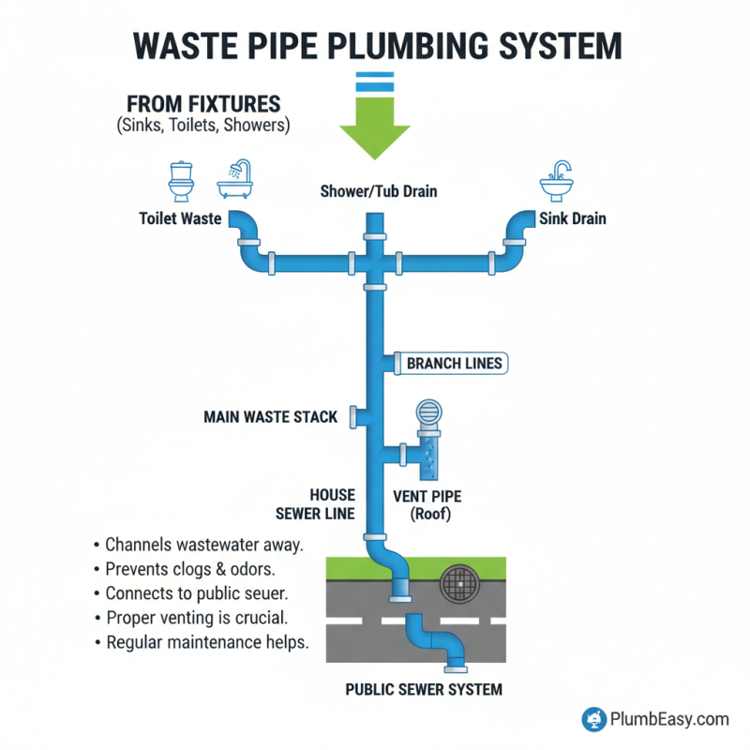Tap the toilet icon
click(180, 181)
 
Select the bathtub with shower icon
click(233, 179)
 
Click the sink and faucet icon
click(562, 180)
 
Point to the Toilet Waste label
click(180, 219)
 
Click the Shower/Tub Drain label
click(379, 192)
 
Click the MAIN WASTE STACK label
click(270, 416)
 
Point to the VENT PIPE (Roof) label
click(432, 505)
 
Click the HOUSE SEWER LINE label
click(315, 503)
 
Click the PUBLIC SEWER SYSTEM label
click(424, 689)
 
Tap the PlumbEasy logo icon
click(592, 719)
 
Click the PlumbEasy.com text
click(669, 719)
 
